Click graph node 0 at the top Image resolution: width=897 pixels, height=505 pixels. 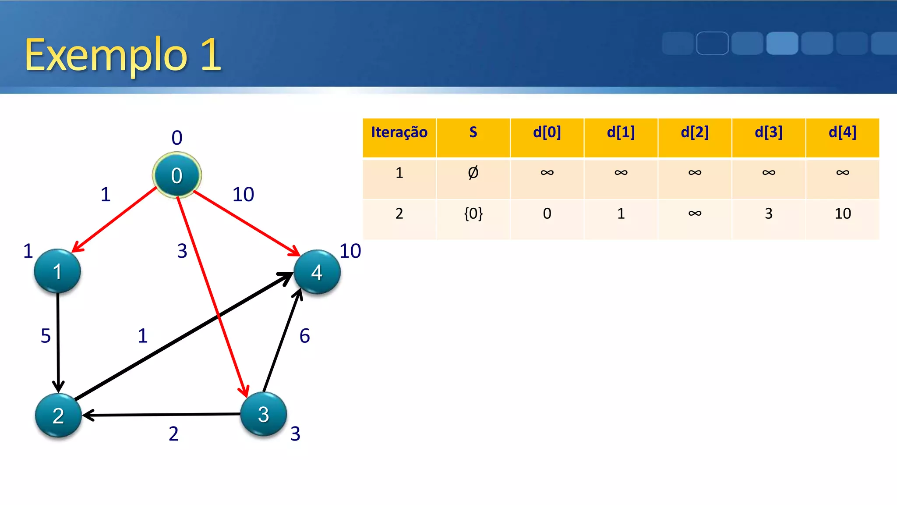click(x=177, y=175)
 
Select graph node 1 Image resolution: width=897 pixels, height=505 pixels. click(x=57, y=271)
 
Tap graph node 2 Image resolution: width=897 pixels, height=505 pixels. click(x=58, y=415)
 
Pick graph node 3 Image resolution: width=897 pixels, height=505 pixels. click(x=263, y=414)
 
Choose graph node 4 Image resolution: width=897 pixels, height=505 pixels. click(x=317, y=272)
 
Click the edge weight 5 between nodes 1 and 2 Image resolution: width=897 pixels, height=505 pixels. click(x=46, y=336)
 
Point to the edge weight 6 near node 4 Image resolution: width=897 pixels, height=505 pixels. click(x=304, y=336)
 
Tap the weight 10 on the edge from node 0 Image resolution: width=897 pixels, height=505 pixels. click(x=243, y=195)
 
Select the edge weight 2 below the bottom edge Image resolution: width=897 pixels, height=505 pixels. click(x=173, y=434)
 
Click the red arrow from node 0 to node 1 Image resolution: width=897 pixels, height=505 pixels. click(x=115, y=219)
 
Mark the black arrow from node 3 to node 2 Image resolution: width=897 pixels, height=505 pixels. click(x=162, y=414)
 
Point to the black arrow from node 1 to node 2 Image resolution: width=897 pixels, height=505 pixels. click(x=58, y=342)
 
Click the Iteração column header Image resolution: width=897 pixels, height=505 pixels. click(x=399, y=132)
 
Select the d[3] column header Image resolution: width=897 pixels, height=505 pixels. click(x=768, y=132)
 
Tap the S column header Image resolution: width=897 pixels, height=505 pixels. click(x=473, y=132)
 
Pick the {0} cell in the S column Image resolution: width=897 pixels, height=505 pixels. click(x=473, y=214)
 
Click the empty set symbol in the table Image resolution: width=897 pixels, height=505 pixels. click(x=473, y=173)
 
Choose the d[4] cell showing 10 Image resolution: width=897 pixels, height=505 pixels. click(x=842, y=214)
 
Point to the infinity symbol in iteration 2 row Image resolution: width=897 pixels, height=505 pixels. click(x=695, y=214)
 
